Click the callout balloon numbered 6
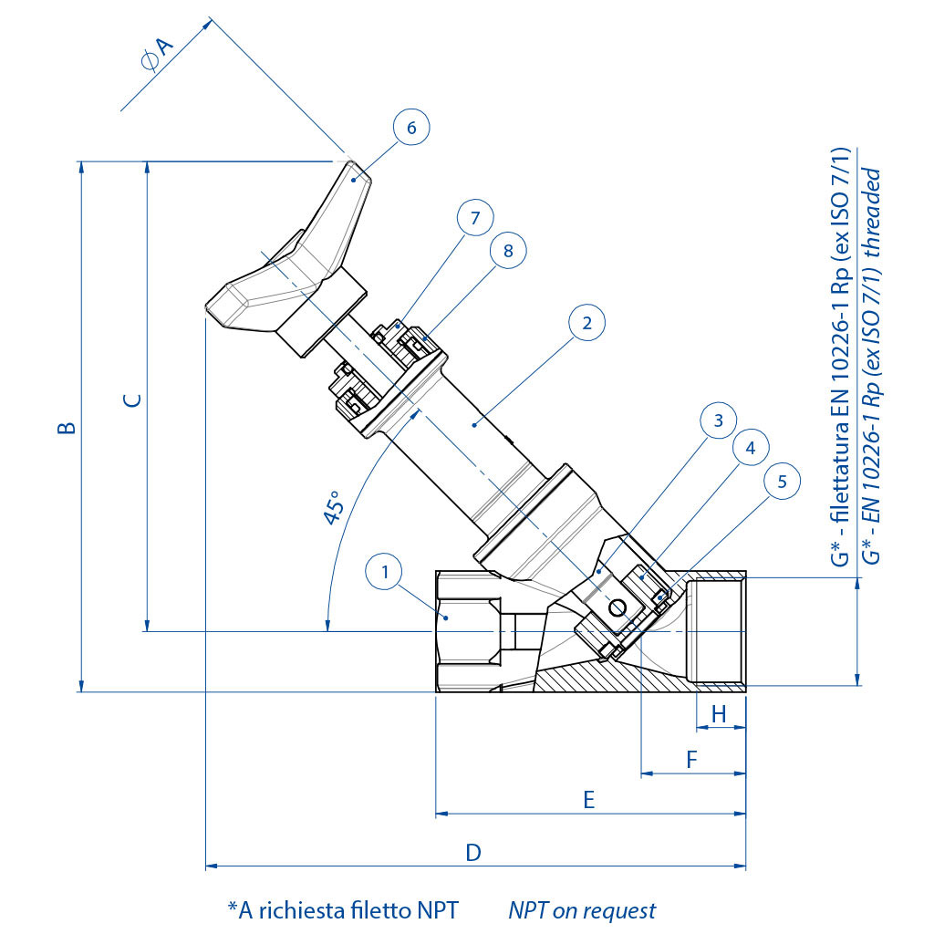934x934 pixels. pyautogui.click(x=411, y=128)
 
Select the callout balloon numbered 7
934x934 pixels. pyautogui.click(x=474, y=218)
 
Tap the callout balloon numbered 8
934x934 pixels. pyautogui.click(x=508, y=250)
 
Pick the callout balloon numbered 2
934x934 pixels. pyautogui.click(x=586, y=323)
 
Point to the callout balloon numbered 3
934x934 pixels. pyautogui.click(x=719, y=420)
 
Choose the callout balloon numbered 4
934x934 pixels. pyautogui.click(x=751, y=449)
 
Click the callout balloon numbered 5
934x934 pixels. pyautogui.click(x=782, y=481)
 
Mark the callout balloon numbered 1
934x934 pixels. pyautogui.click(x=386, y=573)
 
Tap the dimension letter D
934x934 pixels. pyautogui.click(x=473, y=853)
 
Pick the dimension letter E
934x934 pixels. pyautogui.click(x=588, y=800)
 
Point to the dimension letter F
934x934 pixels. pyautogui.click(x=691, y=759)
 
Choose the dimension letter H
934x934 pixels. pyautogui.click(x=719, y=714)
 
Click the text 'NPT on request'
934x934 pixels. pyautogui.click(x=582, y=909)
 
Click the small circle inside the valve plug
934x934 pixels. pyautogui.click(x=618, y=607)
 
